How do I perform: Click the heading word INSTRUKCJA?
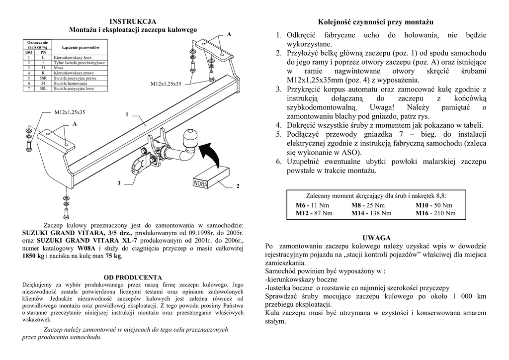click(x=133, y=21)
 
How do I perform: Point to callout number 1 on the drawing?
click(x=127, y=115)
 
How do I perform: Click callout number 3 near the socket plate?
click(x=119, y=183)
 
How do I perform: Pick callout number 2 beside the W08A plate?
click(x=238, y=186)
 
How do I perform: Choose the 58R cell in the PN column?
click(x=43, y=78)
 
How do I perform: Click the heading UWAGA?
click(x=376, y=238)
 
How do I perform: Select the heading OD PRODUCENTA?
click(x=133, y=277)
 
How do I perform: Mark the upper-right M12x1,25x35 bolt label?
click(x=166, y=84)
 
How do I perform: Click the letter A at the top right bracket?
click(x=229, y=34)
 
